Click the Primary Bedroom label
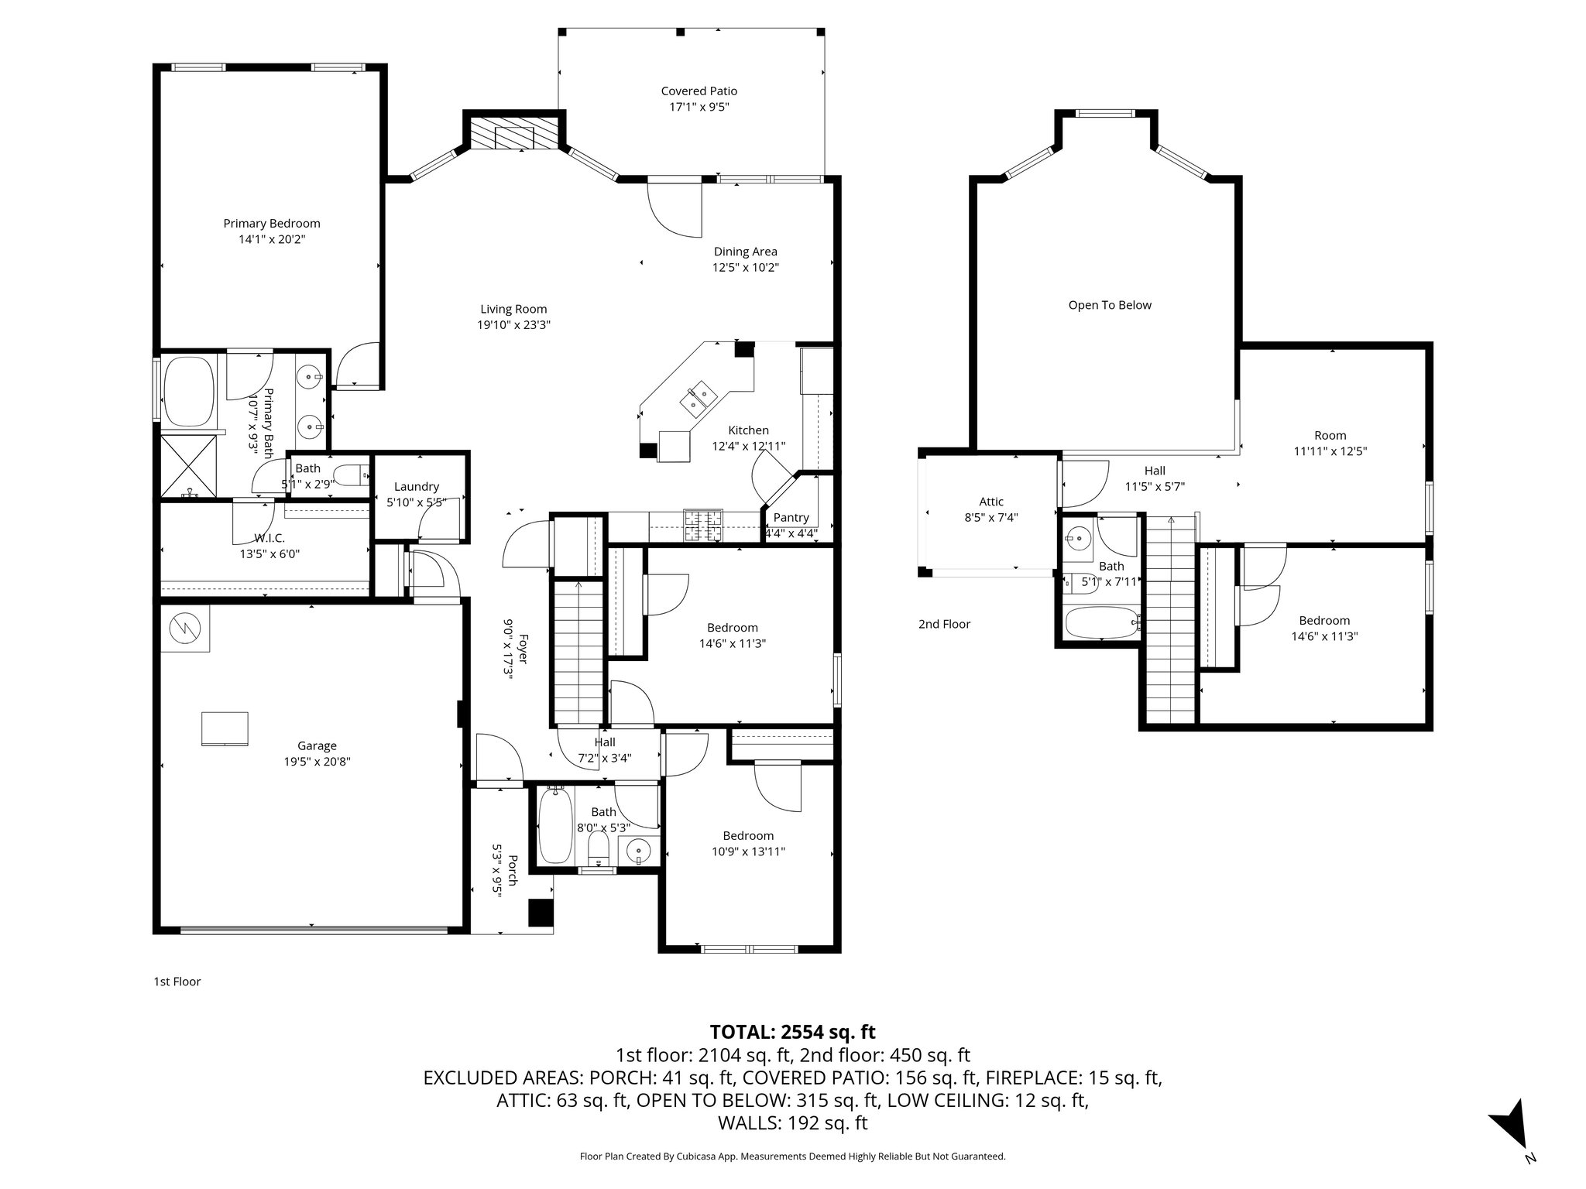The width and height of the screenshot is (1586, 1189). point(271,224)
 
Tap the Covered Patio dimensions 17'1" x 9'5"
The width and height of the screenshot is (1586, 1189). point(699,108)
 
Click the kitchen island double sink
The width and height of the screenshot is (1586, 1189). point(699,397)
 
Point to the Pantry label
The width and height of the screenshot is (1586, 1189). point(791,518)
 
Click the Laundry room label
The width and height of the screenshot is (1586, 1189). point(417,487)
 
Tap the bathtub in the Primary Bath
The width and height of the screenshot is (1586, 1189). point(189,391)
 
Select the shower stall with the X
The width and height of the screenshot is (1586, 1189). point(189,466)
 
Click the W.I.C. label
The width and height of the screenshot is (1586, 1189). point(269,538)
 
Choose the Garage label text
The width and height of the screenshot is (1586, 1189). point(317,746)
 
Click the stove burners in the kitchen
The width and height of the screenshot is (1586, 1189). point(702,525)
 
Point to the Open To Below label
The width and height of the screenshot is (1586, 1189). point(1109,305)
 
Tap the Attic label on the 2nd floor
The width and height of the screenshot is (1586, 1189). point(990,502)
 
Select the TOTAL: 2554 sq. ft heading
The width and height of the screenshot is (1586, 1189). point(792,1032)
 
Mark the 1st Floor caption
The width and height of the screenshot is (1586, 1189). point(177,982)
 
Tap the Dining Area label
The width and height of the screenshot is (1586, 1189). point(745,252)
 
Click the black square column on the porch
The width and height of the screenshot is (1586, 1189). point(541,913)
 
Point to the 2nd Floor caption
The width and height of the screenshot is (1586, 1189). point(944,624)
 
